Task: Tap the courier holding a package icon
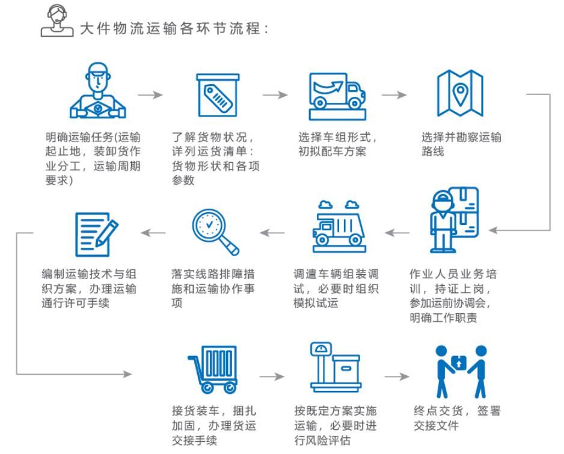[x=98, y=91]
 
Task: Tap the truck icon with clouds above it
[x=337, y=224]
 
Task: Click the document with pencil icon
[x=95, y=233]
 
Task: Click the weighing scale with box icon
[x=335, y=367]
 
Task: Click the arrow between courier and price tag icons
[x=150, y=95]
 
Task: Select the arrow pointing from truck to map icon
[x=394, y=95]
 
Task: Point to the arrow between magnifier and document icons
[x=154, y=232]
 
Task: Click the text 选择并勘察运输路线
[x=461, y=144]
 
